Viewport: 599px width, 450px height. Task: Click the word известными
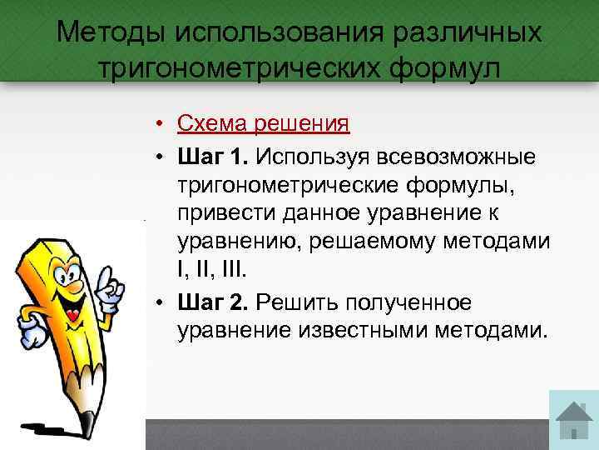[x=362, y=330]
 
